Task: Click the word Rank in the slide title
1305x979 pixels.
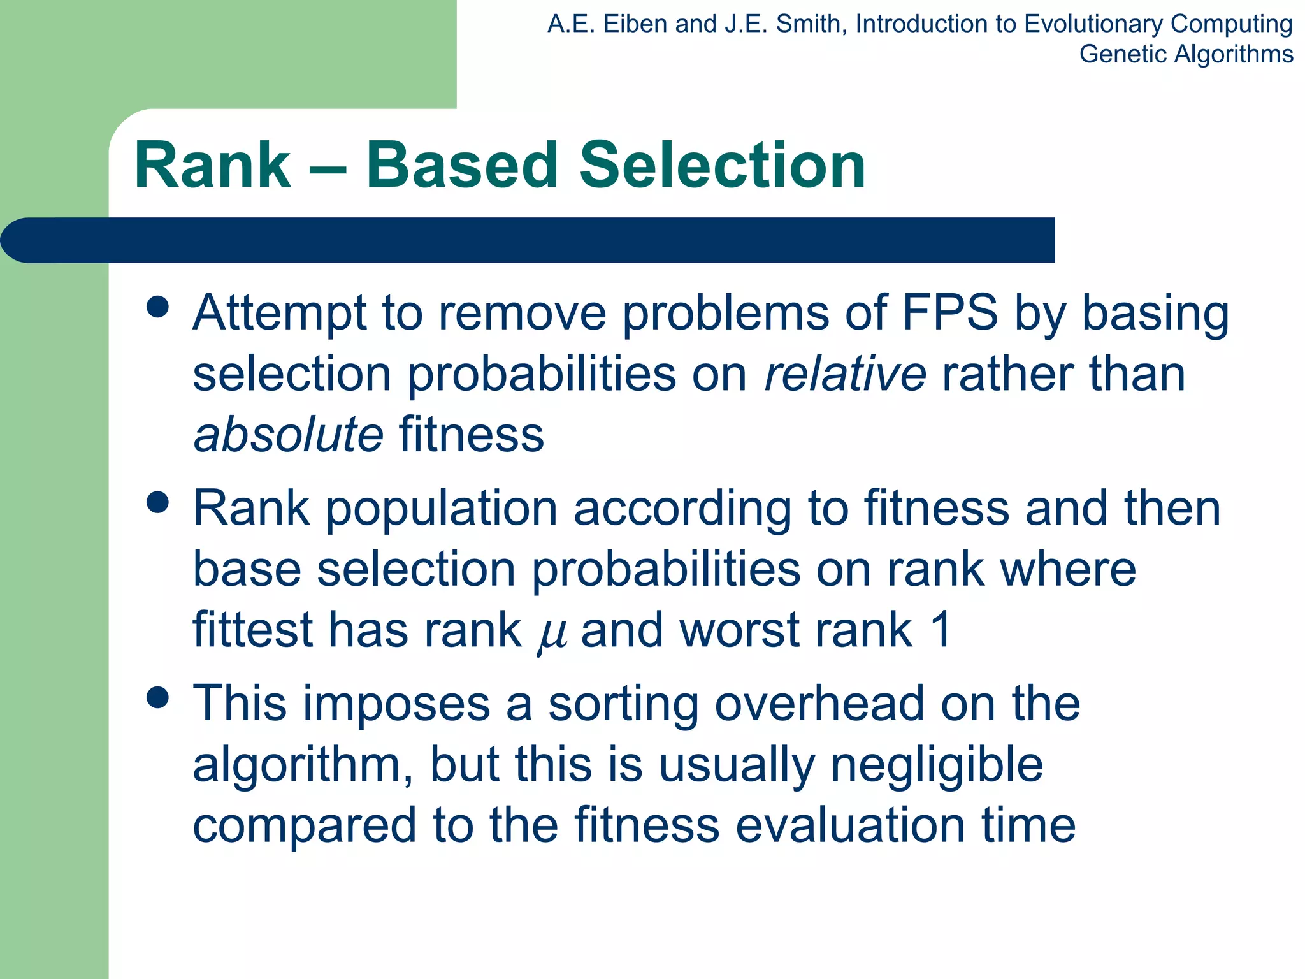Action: tap(212, 166)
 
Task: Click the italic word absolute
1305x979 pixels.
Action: tap(288, 435)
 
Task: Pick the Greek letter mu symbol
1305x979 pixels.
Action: tap(552, 633)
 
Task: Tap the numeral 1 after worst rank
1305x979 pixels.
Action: tap(941, 630)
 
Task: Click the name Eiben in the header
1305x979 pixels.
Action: tap(637, 24)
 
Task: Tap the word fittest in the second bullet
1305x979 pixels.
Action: tap(252, 630)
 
